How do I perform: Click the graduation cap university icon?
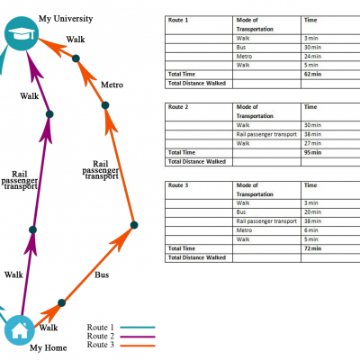click(x=22, y=33)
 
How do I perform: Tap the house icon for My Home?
click(x=20, y=330)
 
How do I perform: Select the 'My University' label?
click(x=66, y=19)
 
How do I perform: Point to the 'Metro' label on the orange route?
click(x=112, y=85)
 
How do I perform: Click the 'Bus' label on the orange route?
click(x=102, y=274)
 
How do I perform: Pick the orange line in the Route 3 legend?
click(x=138, y=346)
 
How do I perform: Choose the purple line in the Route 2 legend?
click(x=138, y=337)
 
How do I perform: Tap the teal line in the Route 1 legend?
click(x=138, y=328)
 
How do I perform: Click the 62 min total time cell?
click(x=312, y=74)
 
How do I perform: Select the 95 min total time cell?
click(x=312, y=152)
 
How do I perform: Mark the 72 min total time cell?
click(x=312, y=248)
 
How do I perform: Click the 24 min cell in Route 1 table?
click(x=312, y=56)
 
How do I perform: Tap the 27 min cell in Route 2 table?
click(x=312, y=143)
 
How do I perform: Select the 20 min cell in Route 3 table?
click(x=312, y=212)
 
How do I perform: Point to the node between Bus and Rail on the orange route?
click(x=134, y=225)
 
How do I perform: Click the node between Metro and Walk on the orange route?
click(x=76, y=58)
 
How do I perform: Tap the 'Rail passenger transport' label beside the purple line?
click(x=20, y=180)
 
